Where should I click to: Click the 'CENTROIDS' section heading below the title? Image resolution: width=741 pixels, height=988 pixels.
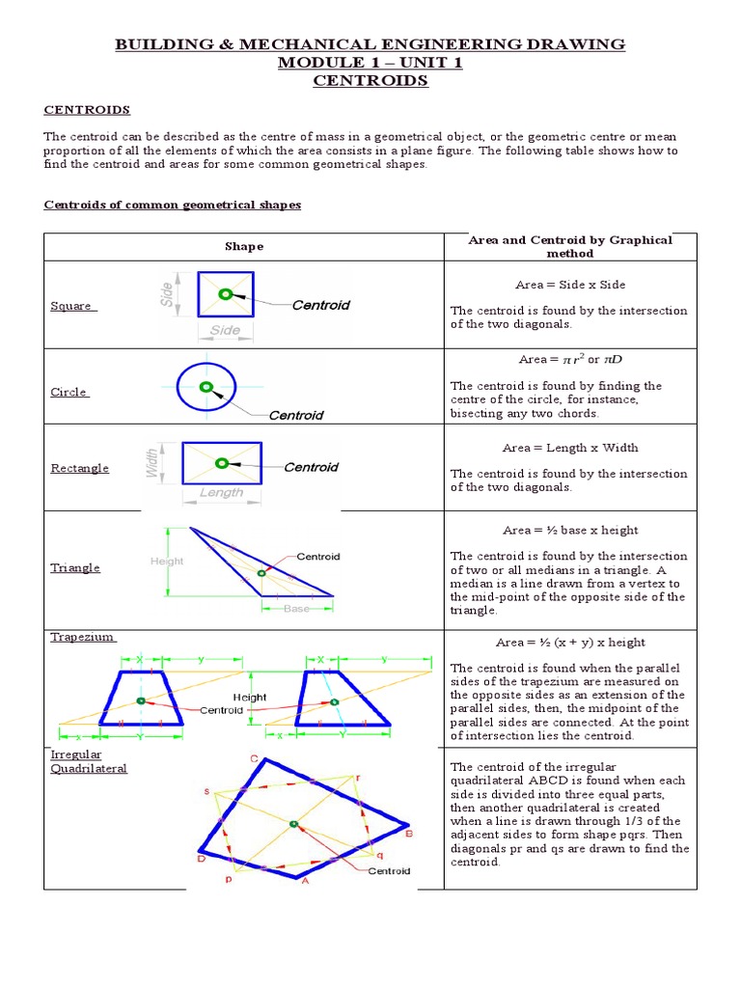coord(87,110)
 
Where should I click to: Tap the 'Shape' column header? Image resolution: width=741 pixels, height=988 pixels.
coord(243,246)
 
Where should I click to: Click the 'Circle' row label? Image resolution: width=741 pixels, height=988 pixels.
coord(69,392)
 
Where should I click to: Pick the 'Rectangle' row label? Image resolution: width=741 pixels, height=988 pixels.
coord(79,468)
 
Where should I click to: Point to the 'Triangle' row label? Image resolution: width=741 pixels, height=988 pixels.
coord(75,567)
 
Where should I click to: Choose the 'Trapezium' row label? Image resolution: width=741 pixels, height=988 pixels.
coord(82,637)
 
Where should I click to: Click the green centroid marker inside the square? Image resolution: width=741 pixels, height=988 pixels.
coord(225,294)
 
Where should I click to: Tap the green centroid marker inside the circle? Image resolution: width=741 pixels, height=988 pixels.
coord(206,387)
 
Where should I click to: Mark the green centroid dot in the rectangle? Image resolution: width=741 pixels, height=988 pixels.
coord(221,463)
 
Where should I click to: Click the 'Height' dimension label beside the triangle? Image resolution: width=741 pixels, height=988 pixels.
coord(166,561)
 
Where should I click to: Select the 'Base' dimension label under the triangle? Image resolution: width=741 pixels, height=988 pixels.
coord(296,609)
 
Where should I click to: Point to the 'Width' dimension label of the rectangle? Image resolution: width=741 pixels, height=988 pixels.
coord(151,462)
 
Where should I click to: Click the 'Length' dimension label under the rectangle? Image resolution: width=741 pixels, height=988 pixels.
coord(221,492)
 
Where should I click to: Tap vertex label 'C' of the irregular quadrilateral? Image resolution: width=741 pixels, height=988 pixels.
coord(254,759)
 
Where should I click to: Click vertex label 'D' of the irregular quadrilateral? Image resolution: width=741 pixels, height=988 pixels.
coord(201,858)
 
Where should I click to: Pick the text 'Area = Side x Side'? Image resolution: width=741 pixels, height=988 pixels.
coord(569,286)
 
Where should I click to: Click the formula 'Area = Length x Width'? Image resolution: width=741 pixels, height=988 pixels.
coord(569,448)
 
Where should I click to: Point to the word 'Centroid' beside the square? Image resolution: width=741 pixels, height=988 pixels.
coord(320,305)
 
